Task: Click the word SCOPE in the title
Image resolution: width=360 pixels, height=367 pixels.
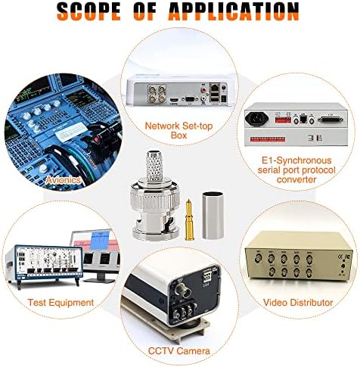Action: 88,11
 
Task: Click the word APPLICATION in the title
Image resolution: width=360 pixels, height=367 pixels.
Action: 234,11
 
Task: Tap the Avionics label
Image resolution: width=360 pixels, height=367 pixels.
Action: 63,180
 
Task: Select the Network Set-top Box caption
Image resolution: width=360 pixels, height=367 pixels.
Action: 178,130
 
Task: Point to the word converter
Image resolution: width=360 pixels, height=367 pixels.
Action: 296,179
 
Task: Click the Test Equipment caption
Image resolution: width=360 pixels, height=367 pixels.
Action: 61,302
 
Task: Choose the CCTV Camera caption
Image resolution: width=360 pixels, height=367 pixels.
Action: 178,351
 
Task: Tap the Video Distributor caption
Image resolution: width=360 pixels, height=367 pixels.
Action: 298,302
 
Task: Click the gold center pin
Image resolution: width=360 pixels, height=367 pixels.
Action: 188,219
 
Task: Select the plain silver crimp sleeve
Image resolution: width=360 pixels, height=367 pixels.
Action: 213,215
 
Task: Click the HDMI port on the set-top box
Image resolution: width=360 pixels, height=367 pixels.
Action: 174,100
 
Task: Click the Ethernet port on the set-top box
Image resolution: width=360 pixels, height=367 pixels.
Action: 215,87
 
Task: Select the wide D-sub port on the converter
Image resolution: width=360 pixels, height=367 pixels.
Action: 331,119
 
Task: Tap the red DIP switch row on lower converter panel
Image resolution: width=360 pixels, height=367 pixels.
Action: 268,139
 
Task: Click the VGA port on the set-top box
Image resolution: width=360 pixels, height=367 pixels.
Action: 189,99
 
